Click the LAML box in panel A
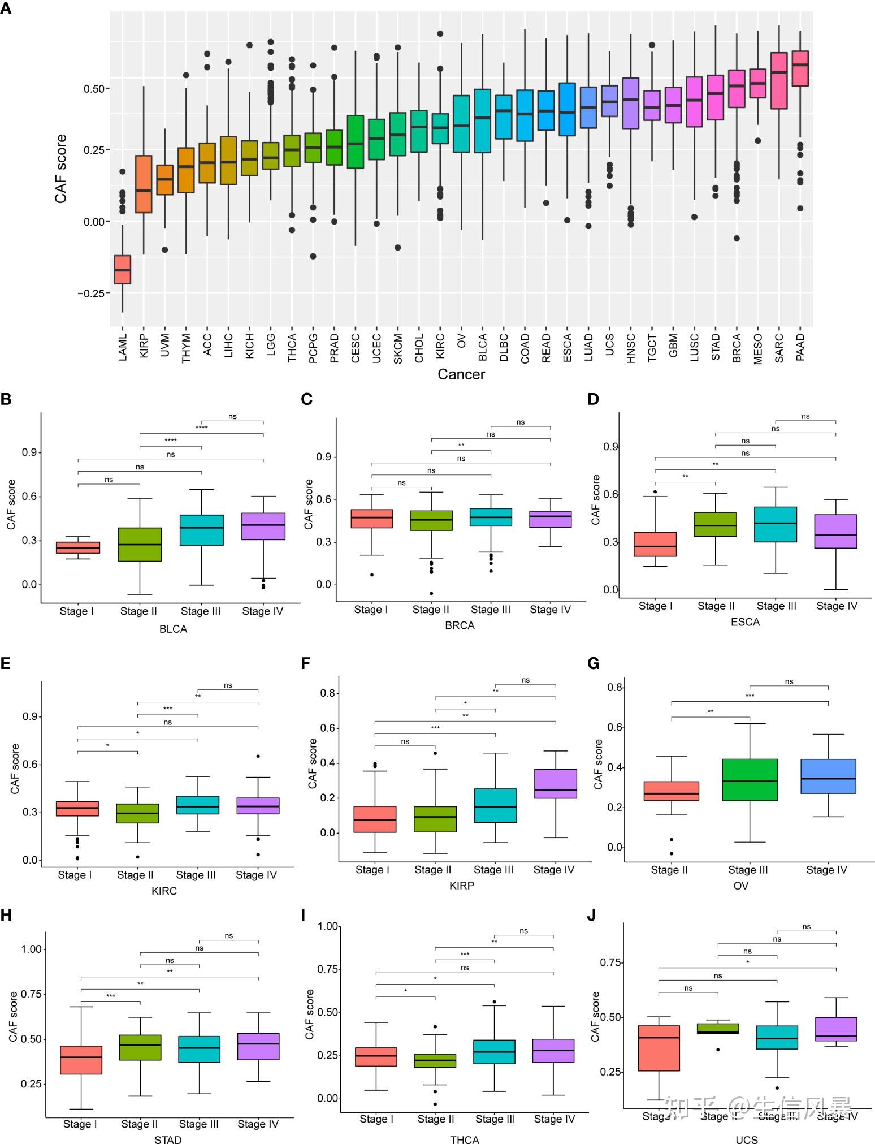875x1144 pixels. (123, 269)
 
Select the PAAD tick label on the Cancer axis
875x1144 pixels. (800, 347)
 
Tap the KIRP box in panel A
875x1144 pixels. (144, 184)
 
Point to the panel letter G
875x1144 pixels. (593, 663)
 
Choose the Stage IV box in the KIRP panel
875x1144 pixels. (555, 783)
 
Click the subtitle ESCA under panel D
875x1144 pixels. (745, 621)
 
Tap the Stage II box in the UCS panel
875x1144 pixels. (718, 1028)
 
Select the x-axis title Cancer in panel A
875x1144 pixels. (461, 374)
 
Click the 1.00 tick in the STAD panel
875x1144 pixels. (31, 949)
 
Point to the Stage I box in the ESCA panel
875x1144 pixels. (655, 544)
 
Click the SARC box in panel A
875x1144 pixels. (779, 80)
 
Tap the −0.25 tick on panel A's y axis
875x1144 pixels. (92, 293)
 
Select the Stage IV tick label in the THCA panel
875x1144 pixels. (554, 1119)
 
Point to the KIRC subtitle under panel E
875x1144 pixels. (164, 891)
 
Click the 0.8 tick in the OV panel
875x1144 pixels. (615, 688)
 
